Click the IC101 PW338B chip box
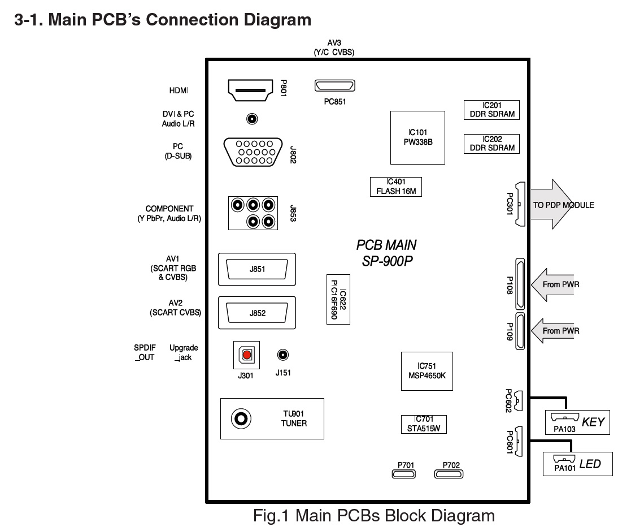(x=418, y=137)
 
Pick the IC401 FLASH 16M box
(x=396, y=187)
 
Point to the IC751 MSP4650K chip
(x=427, y=371)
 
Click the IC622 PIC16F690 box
(x=338, y=299)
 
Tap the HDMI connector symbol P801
(x=248, y=90)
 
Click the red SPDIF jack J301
(x=247, y=355)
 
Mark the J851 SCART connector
(x=257, y=269)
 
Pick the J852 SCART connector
(x=257, y=313)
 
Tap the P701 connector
(x=406, y=473)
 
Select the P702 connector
(x=451, y=473)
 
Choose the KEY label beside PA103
(x=593, y=422)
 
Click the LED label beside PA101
(x=590, y=464)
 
